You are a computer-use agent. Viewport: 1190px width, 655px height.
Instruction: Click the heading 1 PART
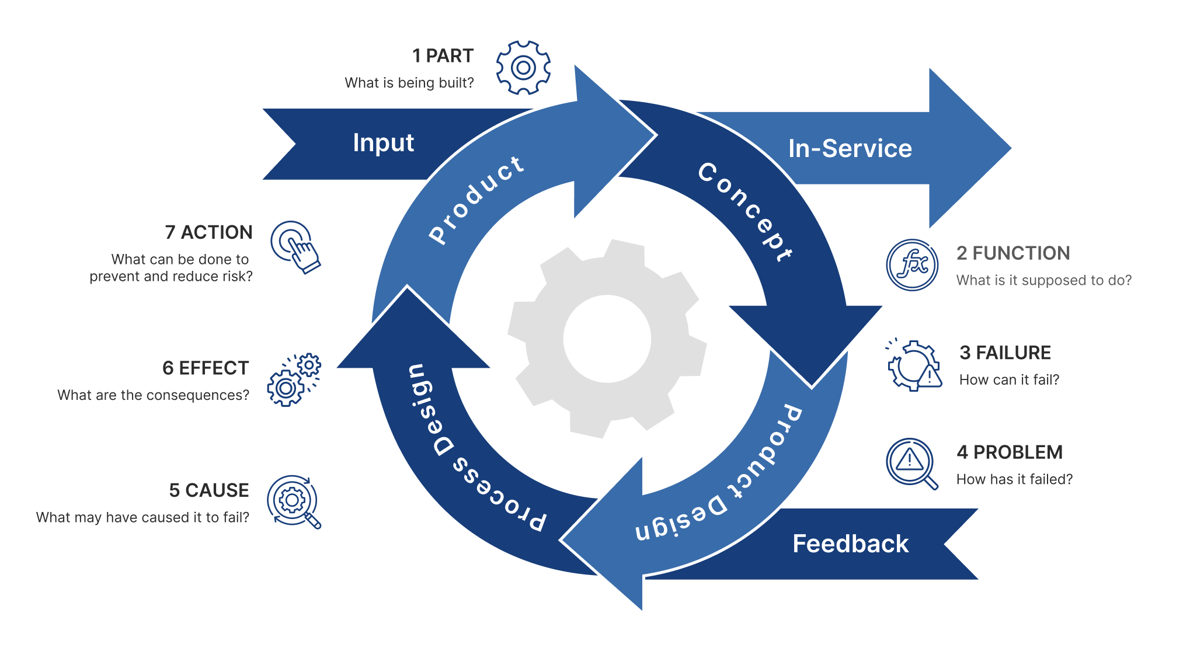tap(443, 56)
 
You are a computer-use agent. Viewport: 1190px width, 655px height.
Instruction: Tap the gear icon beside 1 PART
tap(523, 68)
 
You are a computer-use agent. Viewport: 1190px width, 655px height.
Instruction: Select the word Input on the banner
tap(383, 143)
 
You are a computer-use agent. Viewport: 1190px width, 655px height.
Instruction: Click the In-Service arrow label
tap(850, 149)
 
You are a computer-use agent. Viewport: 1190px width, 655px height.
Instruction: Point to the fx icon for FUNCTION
tap(912, 265)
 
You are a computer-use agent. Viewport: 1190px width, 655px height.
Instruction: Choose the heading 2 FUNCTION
tap(1012, 253)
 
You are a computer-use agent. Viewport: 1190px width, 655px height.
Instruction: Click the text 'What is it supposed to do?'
tap(1043, 281)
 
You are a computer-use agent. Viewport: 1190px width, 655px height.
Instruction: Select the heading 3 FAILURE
tap(1004, 353)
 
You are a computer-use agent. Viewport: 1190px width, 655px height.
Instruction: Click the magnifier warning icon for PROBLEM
tap(911, 463)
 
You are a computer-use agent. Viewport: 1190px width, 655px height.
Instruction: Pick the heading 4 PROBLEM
tap(1009, 452)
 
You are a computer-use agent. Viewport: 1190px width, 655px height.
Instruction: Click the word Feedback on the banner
tap(850, 544)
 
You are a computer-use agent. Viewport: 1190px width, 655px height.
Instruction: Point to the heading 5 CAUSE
tap(208, 490)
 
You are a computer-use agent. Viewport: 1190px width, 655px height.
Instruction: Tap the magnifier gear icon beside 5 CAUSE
tap(294, 501)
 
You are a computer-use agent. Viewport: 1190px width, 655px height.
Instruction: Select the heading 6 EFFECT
tap(205, 368)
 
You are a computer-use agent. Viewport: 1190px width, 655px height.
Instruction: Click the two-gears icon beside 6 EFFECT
tap(294, 380)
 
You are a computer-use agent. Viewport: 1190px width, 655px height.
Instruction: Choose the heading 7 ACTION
tap(208, 232)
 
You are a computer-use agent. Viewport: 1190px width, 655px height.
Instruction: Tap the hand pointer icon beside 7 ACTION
tap(295, 246)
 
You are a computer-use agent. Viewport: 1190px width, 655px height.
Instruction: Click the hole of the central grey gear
tap(607, 339)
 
